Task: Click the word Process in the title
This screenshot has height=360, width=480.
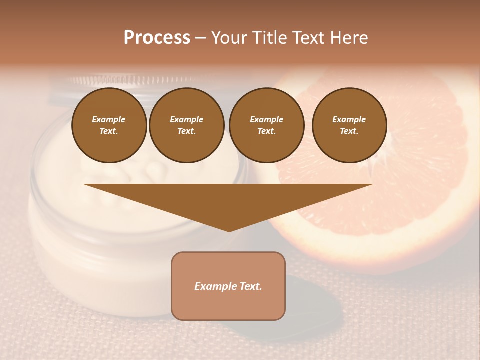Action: tap(157, 38)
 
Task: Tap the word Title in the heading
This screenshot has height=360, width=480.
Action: tap(270, 38)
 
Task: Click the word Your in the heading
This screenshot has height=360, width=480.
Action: tap(230, 38)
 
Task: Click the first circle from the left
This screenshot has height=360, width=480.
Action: tap(109, 125)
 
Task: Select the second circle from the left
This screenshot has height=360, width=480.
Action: tap(187, 125)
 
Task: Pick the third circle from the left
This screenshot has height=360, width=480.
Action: tap(267, 125)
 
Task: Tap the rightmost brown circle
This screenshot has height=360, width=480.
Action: tap(349, 125)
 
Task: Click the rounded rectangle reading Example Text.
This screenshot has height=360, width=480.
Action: tap(228, 286)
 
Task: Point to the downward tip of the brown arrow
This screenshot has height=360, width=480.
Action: tap(229, 230)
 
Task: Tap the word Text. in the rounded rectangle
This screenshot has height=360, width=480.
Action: tap(251, 286)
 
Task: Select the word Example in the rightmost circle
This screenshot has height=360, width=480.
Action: tap(349, 119)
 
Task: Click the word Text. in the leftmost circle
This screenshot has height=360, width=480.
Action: tap(109, 131)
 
